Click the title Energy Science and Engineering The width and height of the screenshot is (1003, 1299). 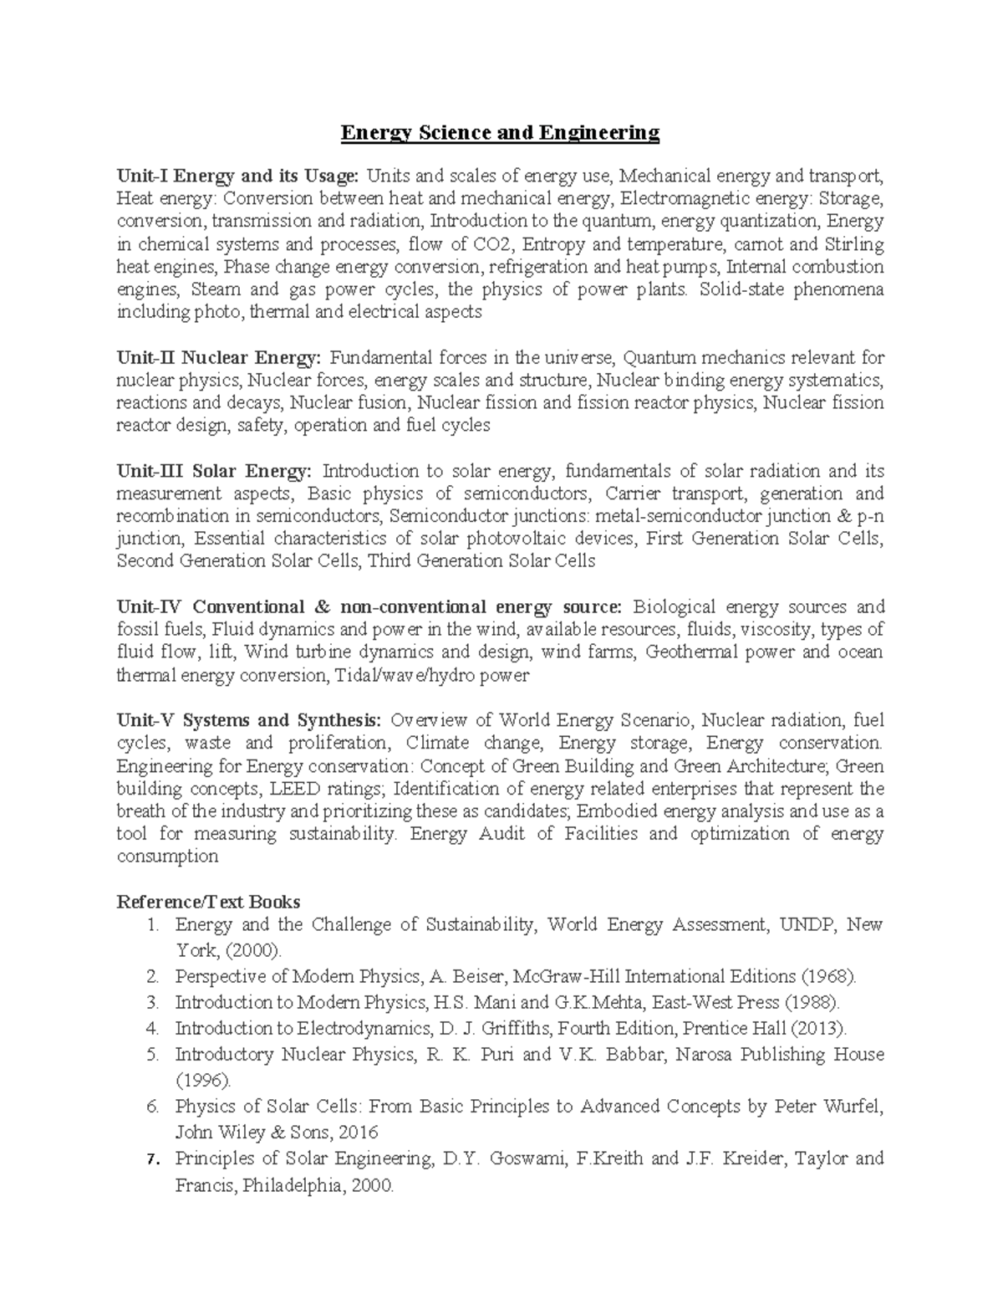point(499,132)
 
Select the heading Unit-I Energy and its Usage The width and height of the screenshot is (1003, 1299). point(238,176)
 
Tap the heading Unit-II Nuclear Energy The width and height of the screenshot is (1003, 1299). point(218,358)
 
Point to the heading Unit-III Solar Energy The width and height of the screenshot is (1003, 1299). point(214,471)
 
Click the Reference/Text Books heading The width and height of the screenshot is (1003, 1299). point(208,902)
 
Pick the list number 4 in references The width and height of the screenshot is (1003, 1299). point(151,1028)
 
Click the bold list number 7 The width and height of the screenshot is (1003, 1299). point(151,1159)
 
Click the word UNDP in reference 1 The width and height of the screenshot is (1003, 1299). point(807,924)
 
